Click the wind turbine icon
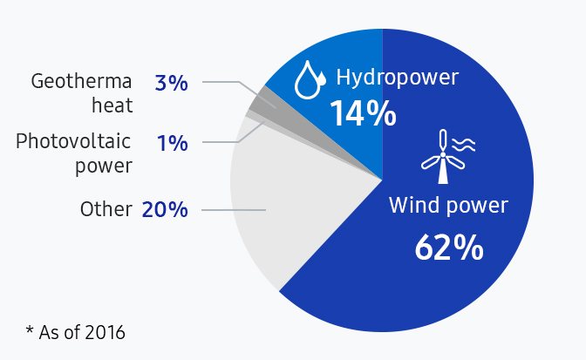445,157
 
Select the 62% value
448,248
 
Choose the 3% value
171,84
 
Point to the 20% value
164,210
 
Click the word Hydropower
397,78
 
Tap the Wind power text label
447,207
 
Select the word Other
106,210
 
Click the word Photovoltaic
74,141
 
